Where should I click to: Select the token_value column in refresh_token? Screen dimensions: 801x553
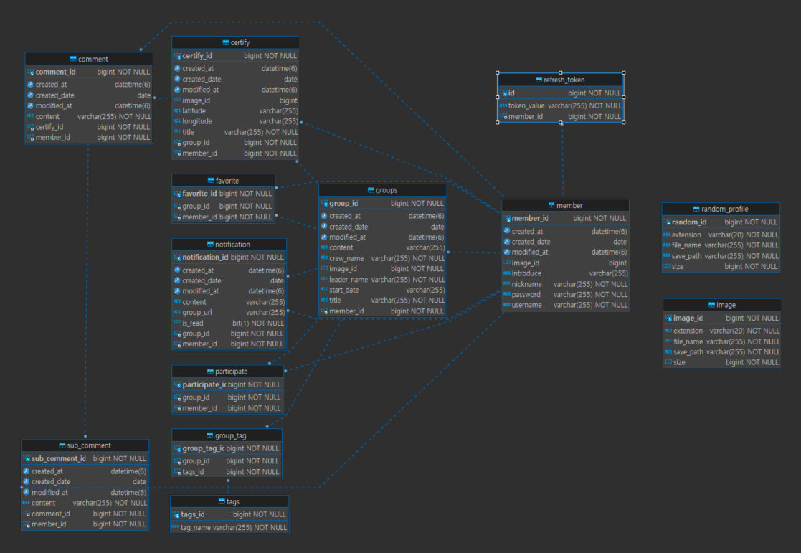pyautogui.click(x=527, y=105)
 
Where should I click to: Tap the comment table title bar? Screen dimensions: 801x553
pyautogui.click(x=93, y=59)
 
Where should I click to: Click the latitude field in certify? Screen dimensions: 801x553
pyautogui.click(x=194, y=111)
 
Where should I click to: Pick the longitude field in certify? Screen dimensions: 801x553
pyautogui.click(x=197, y=121)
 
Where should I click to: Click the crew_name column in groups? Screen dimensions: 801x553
pyautogui.click(x=346, y=258)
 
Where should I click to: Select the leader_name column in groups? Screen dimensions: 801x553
pyautogui.click(x=349, y=280)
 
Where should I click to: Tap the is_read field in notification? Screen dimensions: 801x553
pyautogui.click(x=192, y=323)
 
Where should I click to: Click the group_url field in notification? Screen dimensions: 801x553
pyautogui.click(x=196, y=313)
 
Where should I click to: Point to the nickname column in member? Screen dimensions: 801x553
pyautogui.click(x=526, y=284)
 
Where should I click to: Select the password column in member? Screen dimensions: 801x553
pyautogui.click(x=527, y=295)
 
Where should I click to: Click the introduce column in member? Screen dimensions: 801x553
pyautogui.click(x=526, y=273)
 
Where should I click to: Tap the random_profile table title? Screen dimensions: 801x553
pyautogui.click(x=724, y=209)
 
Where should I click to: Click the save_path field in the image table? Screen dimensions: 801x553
pyautogui.click(x=688, y=352)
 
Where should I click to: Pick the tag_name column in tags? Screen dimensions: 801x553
pyautogui.click(x=195, y=527)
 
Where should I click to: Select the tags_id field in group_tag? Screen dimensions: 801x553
pyautogui.click(x=193, y=472)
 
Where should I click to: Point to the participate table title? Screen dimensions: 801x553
pyautogui.click(x=231, y=372)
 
